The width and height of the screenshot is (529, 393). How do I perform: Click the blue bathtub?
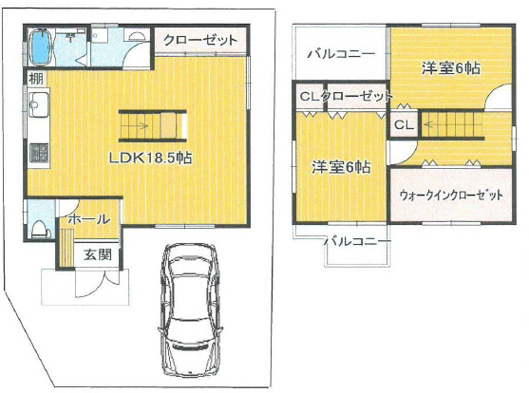41,47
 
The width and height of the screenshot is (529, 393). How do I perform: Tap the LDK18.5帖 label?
150,158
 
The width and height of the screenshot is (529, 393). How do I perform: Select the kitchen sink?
38,104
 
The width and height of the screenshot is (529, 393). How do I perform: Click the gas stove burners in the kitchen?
39,153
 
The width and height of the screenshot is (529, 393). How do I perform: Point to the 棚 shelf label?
36,79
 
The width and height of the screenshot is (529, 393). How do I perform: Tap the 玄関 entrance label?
98,254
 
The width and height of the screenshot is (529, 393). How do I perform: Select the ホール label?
89,219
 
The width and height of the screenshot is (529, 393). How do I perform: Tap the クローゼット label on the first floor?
200,40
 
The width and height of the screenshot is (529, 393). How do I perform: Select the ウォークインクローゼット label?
451,195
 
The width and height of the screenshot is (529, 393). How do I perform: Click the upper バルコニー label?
341,54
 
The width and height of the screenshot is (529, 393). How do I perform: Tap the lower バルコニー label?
358,241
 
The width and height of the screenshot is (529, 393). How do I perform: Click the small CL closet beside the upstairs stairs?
404,125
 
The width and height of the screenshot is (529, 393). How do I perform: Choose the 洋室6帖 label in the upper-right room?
451,68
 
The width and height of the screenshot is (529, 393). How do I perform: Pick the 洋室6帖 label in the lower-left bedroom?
341,167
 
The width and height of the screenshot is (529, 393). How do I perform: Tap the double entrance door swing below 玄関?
98,284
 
